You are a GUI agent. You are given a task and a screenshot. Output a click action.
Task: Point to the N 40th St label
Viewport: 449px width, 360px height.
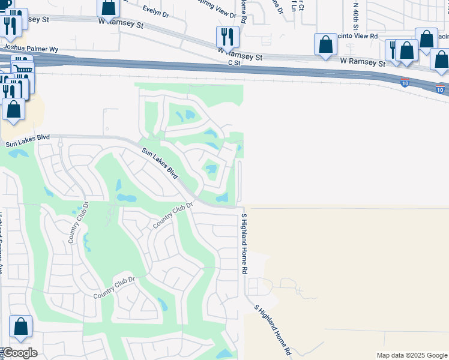[355, 16]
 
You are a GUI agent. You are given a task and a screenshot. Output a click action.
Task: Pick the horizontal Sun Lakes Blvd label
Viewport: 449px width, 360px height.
[28, 143]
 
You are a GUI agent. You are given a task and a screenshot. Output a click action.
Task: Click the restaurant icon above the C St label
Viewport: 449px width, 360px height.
[228, 37]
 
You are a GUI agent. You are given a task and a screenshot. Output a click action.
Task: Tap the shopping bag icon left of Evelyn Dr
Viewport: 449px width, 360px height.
[109, 7]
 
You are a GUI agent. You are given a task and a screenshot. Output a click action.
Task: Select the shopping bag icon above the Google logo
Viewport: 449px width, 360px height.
[20, 327]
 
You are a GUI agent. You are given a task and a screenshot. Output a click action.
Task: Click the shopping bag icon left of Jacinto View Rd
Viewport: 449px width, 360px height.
[325, 44]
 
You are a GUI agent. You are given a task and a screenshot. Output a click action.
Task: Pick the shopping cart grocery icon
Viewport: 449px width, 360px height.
[23, 70]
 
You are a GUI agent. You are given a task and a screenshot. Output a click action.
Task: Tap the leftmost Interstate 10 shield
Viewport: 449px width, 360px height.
[405, 82]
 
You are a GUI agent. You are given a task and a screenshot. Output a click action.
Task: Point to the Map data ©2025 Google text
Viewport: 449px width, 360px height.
[412, 355]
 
